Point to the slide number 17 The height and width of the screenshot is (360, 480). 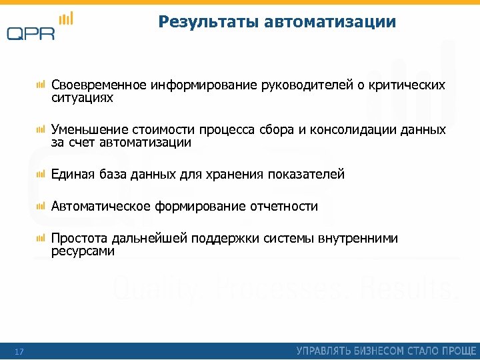[19, 351]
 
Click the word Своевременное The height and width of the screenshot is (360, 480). [99, 85]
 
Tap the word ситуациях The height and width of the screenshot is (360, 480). [83, 98]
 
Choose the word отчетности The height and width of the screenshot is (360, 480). [284, 207]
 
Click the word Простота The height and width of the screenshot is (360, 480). [77, 239]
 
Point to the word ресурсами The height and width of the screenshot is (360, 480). [83, 251]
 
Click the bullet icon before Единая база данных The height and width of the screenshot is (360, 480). [41, 175]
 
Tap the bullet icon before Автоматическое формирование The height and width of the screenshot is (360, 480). [41, 207]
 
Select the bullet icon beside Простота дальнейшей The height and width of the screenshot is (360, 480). [41, 239]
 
